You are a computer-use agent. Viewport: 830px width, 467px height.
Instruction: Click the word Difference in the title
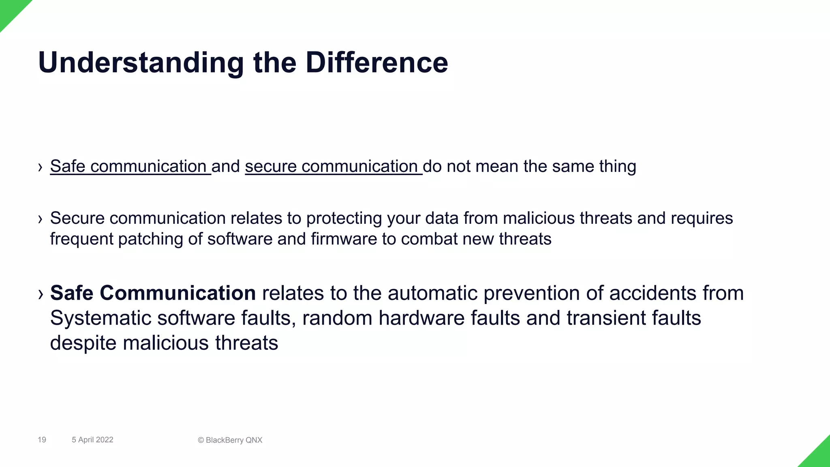(376, 63)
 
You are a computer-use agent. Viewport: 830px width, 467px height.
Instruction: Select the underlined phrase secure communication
(332, 166)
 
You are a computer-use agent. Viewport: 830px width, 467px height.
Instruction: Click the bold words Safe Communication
(153, 293)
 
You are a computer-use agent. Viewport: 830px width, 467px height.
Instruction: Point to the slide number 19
(42, 440)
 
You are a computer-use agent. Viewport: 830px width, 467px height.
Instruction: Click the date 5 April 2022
(92, 440)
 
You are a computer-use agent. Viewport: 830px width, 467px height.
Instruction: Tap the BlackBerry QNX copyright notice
(230, 440)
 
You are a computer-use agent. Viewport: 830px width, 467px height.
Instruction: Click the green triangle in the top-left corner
(10, 10)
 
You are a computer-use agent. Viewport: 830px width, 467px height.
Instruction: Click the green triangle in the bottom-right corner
(819, 456)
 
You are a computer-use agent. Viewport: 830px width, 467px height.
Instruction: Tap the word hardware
(421, 318)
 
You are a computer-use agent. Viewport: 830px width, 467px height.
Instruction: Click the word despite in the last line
(83, 343)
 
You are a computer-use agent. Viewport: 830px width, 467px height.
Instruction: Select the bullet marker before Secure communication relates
(40, 219)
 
